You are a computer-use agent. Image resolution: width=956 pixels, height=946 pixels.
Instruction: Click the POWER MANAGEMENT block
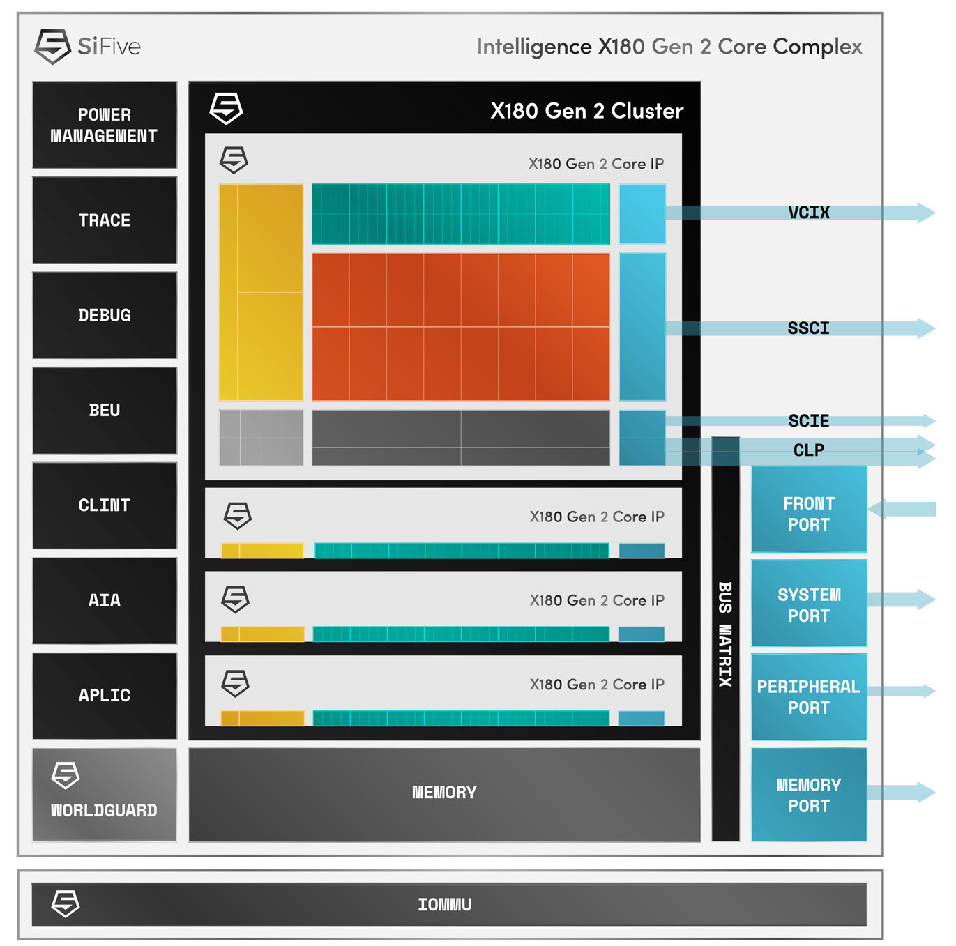pos(105,125)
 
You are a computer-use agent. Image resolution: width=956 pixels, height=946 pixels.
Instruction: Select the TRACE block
pos(105,220)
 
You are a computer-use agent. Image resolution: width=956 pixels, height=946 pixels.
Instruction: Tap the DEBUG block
pos(105,315)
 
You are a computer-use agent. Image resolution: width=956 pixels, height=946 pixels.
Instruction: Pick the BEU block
pos(105,411)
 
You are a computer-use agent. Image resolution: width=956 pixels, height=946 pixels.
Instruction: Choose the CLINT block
pos(105,505)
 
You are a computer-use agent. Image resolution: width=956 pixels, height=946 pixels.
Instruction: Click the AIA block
pos(105,600)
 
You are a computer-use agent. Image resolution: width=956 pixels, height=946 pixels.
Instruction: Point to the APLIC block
pos(105,696)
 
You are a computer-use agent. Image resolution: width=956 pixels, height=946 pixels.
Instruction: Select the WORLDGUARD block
pos(105,795)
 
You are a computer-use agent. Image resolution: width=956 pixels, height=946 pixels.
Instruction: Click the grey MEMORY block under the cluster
pos(444,793)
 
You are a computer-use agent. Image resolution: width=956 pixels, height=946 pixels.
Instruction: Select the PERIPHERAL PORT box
pos(809,696)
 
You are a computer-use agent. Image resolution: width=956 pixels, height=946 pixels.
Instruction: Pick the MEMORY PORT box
pos(809,795)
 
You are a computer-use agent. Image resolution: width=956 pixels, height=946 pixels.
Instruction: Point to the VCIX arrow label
pos(809,213)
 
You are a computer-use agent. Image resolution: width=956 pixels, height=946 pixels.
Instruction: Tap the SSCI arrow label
pos(809,328)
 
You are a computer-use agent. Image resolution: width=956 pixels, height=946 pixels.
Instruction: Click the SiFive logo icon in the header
pos(52,47)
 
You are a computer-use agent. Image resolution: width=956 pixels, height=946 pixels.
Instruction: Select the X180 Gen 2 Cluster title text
pos(586,111)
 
